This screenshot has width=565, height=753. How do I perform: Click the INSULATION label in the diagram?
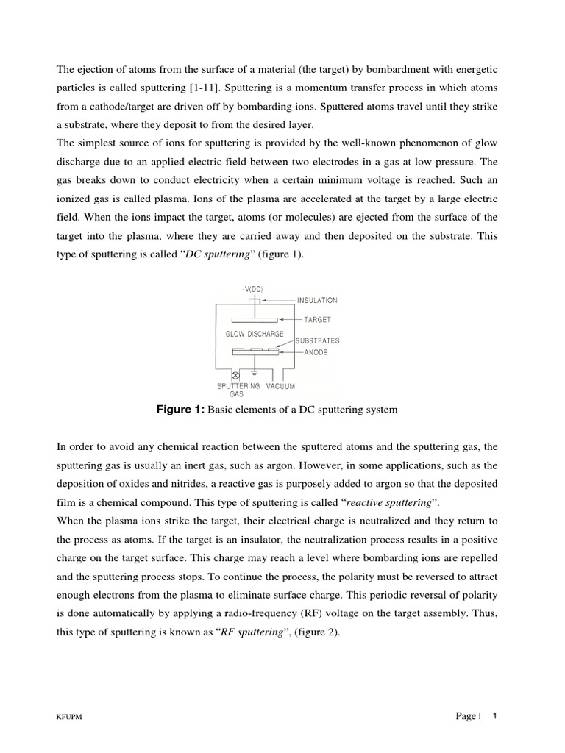[x=317, y=300]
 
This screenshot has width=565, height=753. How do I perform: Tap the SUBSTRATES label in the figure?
[x=317, y=341]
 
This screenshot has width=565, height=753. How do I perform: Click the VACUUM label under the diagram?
[x=281, y=386]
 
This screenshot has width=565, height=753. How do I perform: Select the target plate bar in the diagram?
[x=255, y=320]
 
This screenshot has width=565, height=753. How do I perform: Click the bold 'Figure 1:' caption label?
[x=181, y=410]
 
